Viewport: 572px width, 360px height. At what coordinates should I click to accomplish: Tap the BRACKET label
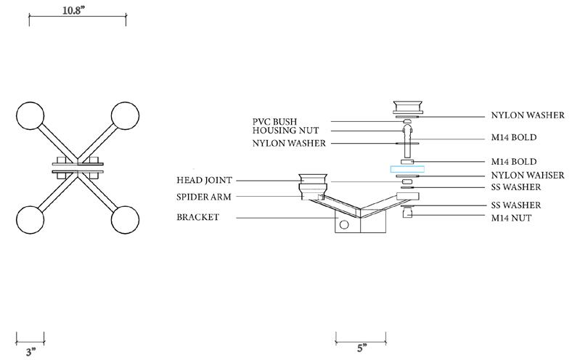point(200,216)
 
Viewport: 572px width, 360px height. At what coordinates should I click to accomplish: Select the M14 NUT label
point(516,218)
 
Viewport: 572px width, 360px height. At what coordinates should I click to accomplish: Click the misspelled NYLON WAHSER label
point(527,175)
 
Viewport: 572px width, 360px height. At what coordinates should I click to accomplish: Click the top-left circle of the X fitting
point(31,115)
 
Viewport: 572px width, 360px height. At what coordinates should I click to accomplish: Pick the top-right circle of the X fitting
point(124,115)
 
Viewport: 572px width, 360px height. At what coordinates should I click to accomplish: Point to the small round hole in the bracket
point(344,224)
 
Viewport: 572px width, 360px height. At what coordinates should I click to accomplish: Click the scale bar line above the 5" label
point(361,337)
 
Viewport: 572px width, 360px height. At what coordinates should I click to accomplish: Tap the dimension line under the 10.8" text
point(78,20)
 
